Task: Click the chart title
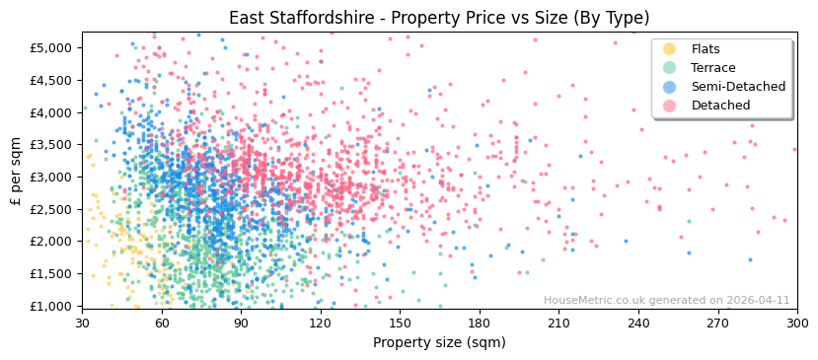pos(439,18)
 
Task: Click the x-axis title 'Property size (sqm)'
pos(439,342)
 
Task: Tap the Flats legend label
pos(706,49)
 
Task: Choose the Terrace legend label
pos(713,68)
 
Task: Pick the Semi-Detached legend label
pos(738,87)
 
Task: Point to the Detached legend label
pos(720,106)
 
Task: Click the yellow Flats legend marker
pos(670,49)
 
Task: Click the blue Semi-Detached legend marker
pos(670,87)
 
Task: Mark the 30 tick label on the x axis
pos(82,323)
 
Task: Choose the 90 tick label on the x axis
pos(241,323)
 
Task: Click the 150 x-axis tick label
pos(400,323)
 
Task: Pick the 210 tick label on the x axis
pos(558,323)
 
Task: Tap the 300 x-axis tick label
pos(797,323)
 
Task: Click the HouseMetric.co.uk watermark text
pos(667,300)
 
